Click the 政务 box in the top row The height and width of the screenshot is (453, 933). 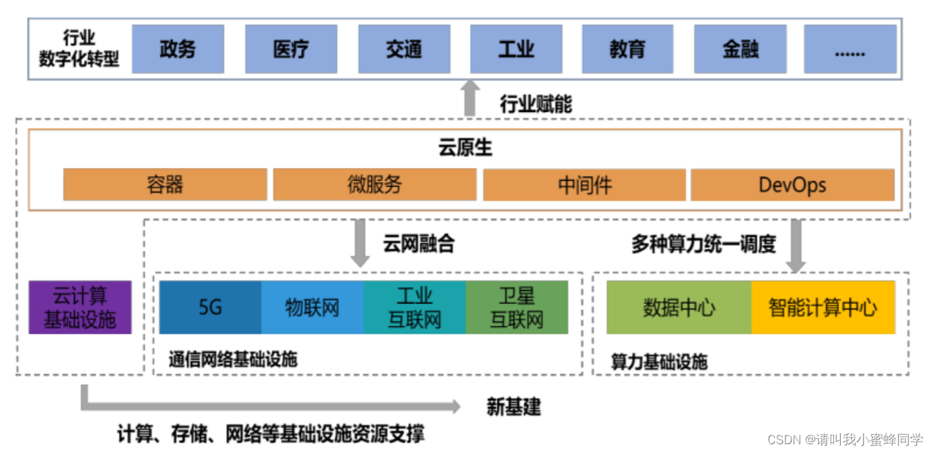(x=178, y=49)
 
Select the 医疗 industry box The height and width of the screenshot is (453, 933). (x=291, y=49)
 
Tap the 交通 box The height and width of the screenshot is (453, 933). (x=404, y=49)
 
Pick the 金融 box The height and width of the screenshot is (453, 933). (x=740, y=49)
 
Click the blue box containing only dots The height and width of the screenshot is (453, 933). (x=850, y=49)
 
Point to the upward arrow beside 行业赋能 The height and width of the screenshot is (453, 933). (x=470, y=98)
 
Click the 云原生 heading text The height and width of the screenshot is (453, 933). (x=466, y=148)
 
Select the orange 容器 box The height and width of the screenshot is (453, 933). (x=165, y=185)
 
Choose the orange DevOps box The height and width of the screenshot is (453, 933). (x=792, y=185)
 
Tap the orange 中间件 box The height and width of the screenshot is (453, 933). (x=584, y=185)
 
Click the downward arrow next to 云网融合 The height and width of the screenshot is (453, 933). (x=360, y=243)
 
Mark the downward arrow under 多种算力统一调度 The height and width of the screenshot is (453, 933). (x=796, y=246)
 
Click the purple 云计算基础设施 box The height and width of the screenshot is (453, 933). (x=80, y=307)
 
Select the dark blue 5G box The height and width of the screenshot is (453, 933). (x=210, y=307)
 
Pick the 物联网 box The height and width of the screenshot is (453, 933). (x=312, y=307)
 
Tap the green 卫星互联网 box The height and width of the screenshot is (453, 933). (x=516, y=307)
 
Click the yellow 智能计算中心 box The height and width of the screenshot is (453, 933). (x=823, y=307)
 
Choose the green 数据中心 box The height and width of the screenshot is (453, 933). (x=679, y=307)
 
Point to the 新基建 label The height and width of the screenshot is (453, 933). (x=514, y=406)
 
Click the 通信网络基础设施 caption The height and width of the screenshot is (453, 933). (x=233, y=359)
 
